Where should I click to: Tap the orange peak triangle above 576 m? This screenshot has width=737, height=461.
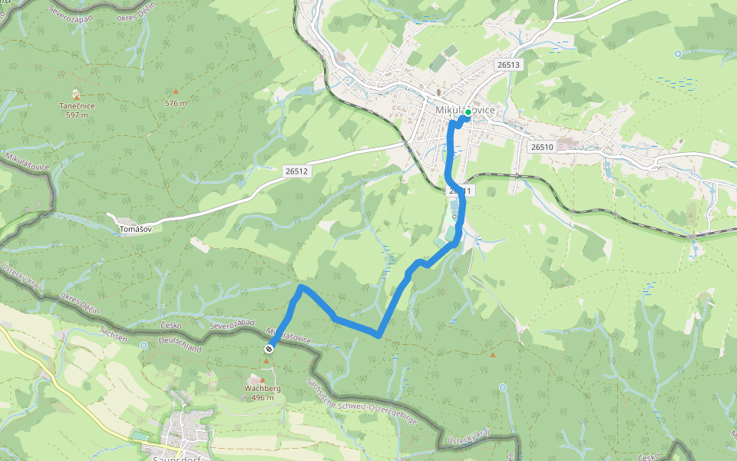(x=175, y=91)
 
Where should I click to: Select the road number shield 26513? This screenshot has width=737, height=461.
(x=508, y=65)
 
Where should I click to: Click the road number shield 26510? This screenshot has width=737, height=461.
(x=541, y=147)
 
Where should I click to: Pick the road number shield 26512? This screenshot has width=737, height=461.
(x=295, y=171)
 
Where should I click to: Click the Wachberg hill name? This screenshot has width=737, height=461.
(x=262, y=389)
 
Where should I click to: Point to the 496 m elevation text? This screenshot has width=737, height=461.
(x=262, y=397)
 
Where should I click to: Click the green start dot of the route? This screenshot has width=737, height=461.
(x=468, y=112)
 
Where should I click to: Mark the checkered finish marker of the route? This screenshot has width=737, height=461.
(x=269, y=350)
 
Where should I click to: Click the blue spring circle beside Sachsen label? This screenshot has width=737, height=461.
(x=143, y=346)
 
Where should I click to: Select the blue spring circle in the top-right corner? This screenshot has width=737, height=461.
(x=678, y=53)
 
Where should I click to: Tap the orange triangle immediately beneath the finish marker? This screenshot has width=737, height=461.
(x=266, y=360)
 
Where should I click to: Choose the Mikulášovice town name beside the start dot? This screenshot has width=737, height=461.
(x=465, y=111)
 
